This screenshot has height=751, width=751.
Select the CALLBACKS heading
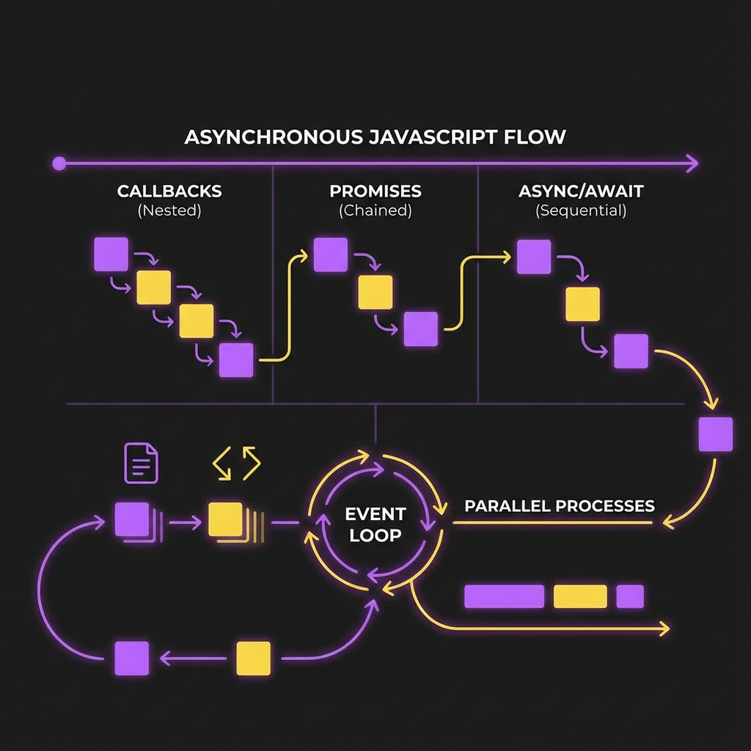169,191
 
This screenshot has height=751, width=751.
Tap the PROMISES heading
375,191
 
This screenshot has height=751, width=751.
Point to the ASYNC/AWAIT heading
581,191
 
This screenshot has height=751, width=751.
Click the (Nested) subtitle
169,211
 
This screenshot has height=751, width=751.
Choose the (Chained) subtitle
375,211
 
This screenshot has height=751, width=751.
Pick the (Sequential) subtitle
581,211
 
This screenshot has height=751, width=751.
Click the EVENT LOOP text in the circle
375,524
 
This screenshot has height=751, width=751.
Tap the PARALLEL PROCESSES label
560,506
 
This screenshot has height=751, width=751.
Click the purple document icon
142,463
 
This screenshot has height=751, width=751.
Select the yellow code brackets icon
236,463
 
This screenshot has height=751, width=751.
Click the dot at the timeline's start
59,164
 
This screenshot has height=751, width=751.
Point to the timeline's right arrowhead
692,164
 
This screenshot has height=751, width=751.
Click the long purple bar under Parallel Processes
505,596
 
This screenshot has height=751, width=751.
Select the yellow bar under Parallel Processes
580,596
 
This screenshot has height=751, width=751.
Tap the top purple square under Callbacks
111,254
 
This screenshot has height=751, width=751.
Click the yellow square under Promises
375,292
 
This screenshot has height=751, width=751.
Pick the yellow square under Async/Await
582,304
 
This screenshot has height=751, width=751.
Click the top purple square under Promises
331,254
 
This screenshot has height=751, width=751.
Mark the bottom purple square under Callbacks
236,360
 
